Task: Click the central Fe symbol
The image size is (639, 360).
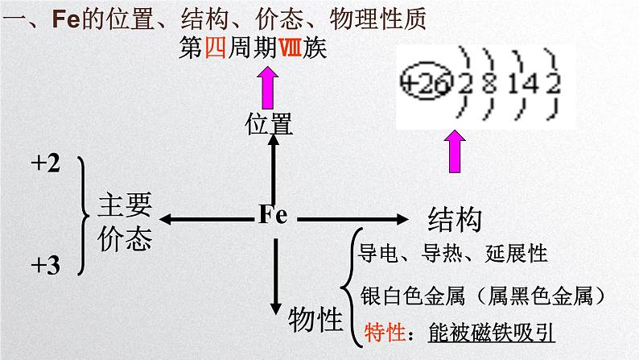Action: coord(273,215)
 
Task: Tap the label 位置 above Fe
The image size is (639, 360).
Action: coord(269,122)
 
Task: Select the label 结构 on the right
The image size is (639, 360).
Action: coord(455,218)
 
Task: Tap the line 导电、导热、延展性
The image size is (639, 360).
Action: coord(450,254)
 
